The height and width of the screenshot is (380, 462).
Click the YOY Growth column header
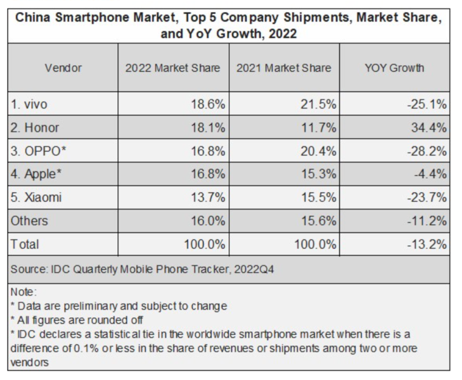[394, 68]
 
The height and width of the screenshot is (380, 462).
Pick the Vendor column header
[63, 68]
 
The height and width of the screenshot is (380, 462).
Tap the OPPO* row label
[39, 151]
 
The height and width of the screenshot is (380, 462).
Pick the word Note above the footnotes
[22, 293]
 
